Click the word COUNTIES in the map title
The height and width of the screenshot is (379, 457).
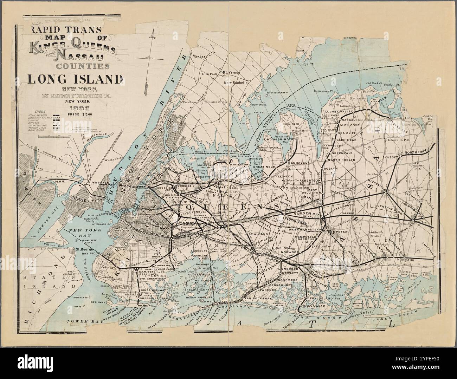(82, 66)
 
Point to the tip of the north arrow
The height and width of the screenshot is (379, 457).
(152, 31)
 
